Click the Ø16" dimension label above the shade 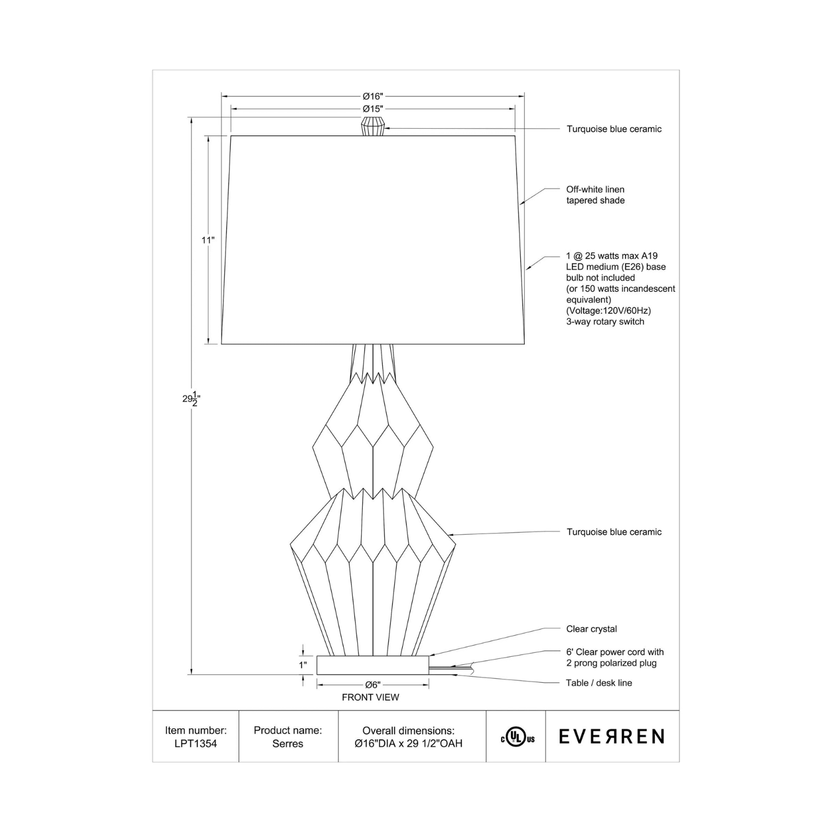[373, 97]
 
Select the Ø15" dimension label [373, 109]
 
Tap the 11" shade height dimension [207, 240]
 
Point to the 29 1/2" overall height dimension [191, 398]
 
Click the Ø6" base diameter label [373, 685]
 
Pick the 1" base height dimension [303, 664]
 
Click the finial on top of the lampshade [373, 126]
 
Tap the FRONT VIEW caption [371, 697]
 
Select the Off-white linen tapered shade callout [595, 195]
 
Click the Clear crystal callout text [591, 629]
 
